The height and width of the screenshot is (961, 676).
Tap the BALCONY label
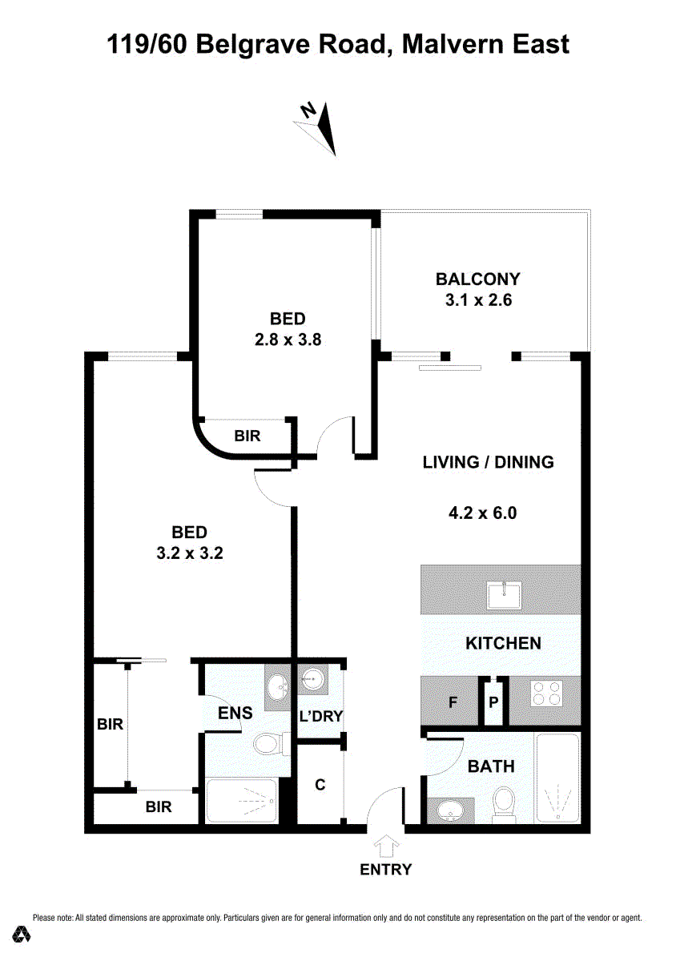coord(477,279)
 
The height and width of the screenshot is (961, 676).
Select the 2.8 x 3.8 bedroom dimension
coord(288,340)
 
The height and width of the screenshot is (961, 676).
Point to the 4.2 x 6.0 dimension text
coord(482,513)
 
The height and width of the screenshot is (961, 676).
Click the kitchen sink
coord(504,596)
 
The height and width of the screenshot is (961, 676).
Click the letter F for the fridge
coord(453,703)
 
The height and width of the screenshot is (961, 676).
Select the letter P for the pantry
coord(493,702)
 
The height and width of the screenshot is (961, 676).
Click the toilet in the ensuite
coord(268,744)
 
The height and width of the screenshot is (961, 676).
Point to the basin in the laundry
coord(312,680)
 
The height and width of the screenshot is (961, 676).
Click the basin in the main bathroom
coord(450,810)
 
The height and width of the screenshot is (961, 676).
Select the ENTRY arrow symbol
coord(386,846)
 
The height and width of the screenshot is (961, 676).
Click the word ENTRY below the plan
coord(386,870)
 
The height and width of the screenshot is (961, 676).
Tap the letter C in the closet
coord(320,785)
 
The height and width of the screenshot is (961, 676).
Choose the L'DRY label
coord(321,716)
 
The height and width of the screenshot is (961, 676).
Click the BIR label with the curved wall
coord(247,436)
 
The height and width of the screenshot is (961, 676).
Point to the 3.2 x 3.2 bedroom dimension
coord(190,553)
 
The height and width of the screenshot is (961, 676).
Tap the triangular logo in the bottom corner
coord(21,934)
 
